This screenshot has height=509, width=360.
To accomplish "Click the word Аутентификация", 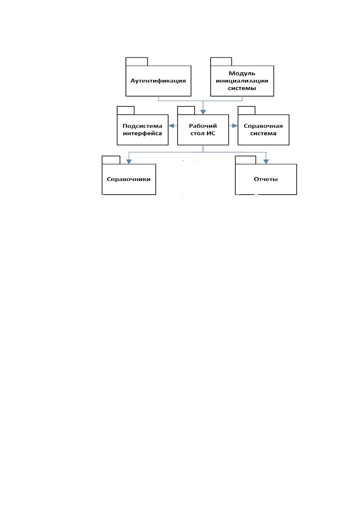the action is point(158,81).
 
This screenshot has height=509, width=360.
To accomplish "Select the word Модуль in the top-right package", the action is point(242,74).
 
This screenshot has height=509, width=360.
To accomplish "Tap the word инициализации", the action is point(242,81).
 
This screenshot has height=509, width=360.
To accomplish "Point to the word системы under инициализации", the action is point(242,88).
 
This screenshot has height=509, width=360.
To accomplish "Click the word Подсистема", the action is point(142,126).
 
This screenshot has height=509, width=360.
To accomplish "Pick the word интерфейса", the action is point(142,133).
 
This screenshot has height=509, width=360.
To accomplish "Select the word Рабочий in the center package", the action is point(203,126).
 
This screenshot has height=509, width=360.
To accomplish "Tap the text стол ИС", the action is point(203,133).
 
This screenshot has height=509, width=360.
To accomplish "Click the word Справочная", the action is point(263,126).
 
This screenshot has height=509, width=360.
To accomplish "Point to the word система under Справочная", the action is point(263,133).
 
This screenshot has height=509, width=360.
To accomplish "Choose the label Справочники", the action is point(129,179).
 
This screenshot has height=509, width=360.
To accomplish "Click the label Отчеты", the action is point(266,179).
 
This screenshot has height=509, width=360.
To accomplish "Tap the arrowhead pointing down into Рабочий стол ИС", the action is point(203,112).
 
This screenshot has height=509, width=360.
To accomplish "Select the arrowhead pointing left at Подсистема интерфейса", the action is point(171,126).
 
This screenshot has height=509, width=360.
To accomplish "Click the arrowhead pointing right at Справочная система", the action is point(235,126).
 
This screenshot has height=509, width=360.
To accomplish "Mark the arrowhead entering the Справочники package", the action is point(129,162).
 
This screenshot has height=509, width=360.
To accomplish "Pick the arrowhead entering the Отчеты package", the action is point(266,162).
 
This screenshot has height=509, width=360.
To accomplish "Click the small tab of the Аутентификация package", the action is point(137,62).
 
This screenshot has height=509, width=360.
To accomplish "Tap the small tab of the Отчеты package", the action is point(245,160).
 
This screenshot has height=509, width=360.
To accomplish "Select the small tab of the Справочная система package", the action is point(246,110).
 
